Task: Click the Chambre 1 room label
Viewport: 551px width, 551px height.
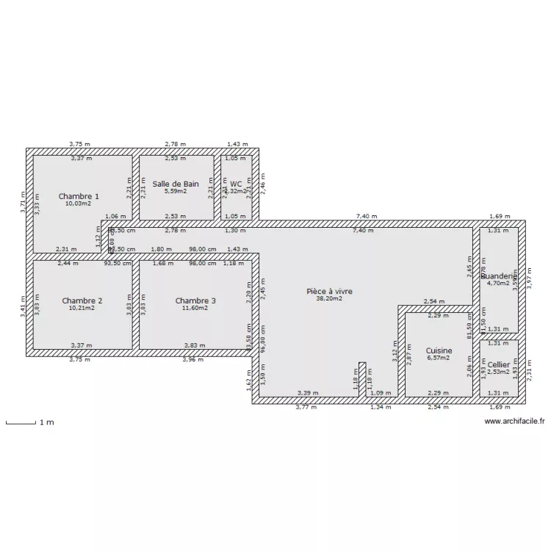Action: coord(79,196)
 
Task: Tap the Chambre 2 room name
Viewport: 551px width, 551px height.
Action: coord(82,300)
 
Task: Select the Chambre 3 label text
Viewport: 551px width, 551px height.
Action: coord(195,300)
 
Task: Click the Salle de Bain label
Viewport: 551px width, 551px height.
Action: coord(176,184)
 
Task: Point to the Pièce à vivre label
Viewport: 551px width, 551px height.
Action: coord(329,292)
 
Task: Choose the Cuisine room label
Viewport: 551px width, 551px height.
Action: coord(439,351)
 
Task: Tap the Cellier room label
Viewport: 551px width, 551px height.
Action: coord(498,364)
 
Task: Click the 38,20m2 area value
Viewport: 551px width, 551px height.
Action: coord(329,300)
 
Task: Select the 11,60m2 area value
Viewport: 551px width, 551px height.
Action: coord(195,309)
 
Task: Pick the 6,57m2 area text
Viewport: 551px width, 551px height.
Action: coord(439,359)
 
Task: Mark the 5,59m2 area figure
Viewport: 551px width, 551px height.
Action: coord(176,192)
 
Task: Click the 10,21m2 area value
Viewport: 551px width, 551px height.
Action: coord(82,309)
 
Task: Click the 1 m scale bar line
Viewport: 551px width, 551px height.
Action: coord(21,422)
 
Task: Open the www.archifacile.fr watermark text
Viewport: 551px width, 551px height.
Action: coord(515,422)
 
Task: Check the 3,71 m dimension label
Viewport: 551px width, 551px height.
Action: coord(23,202)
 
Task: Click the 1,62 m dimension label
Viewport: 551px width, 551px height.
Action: coord(248,379)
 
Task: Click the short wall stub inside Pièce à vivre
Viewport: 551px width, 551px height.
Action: coord(362,379)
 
